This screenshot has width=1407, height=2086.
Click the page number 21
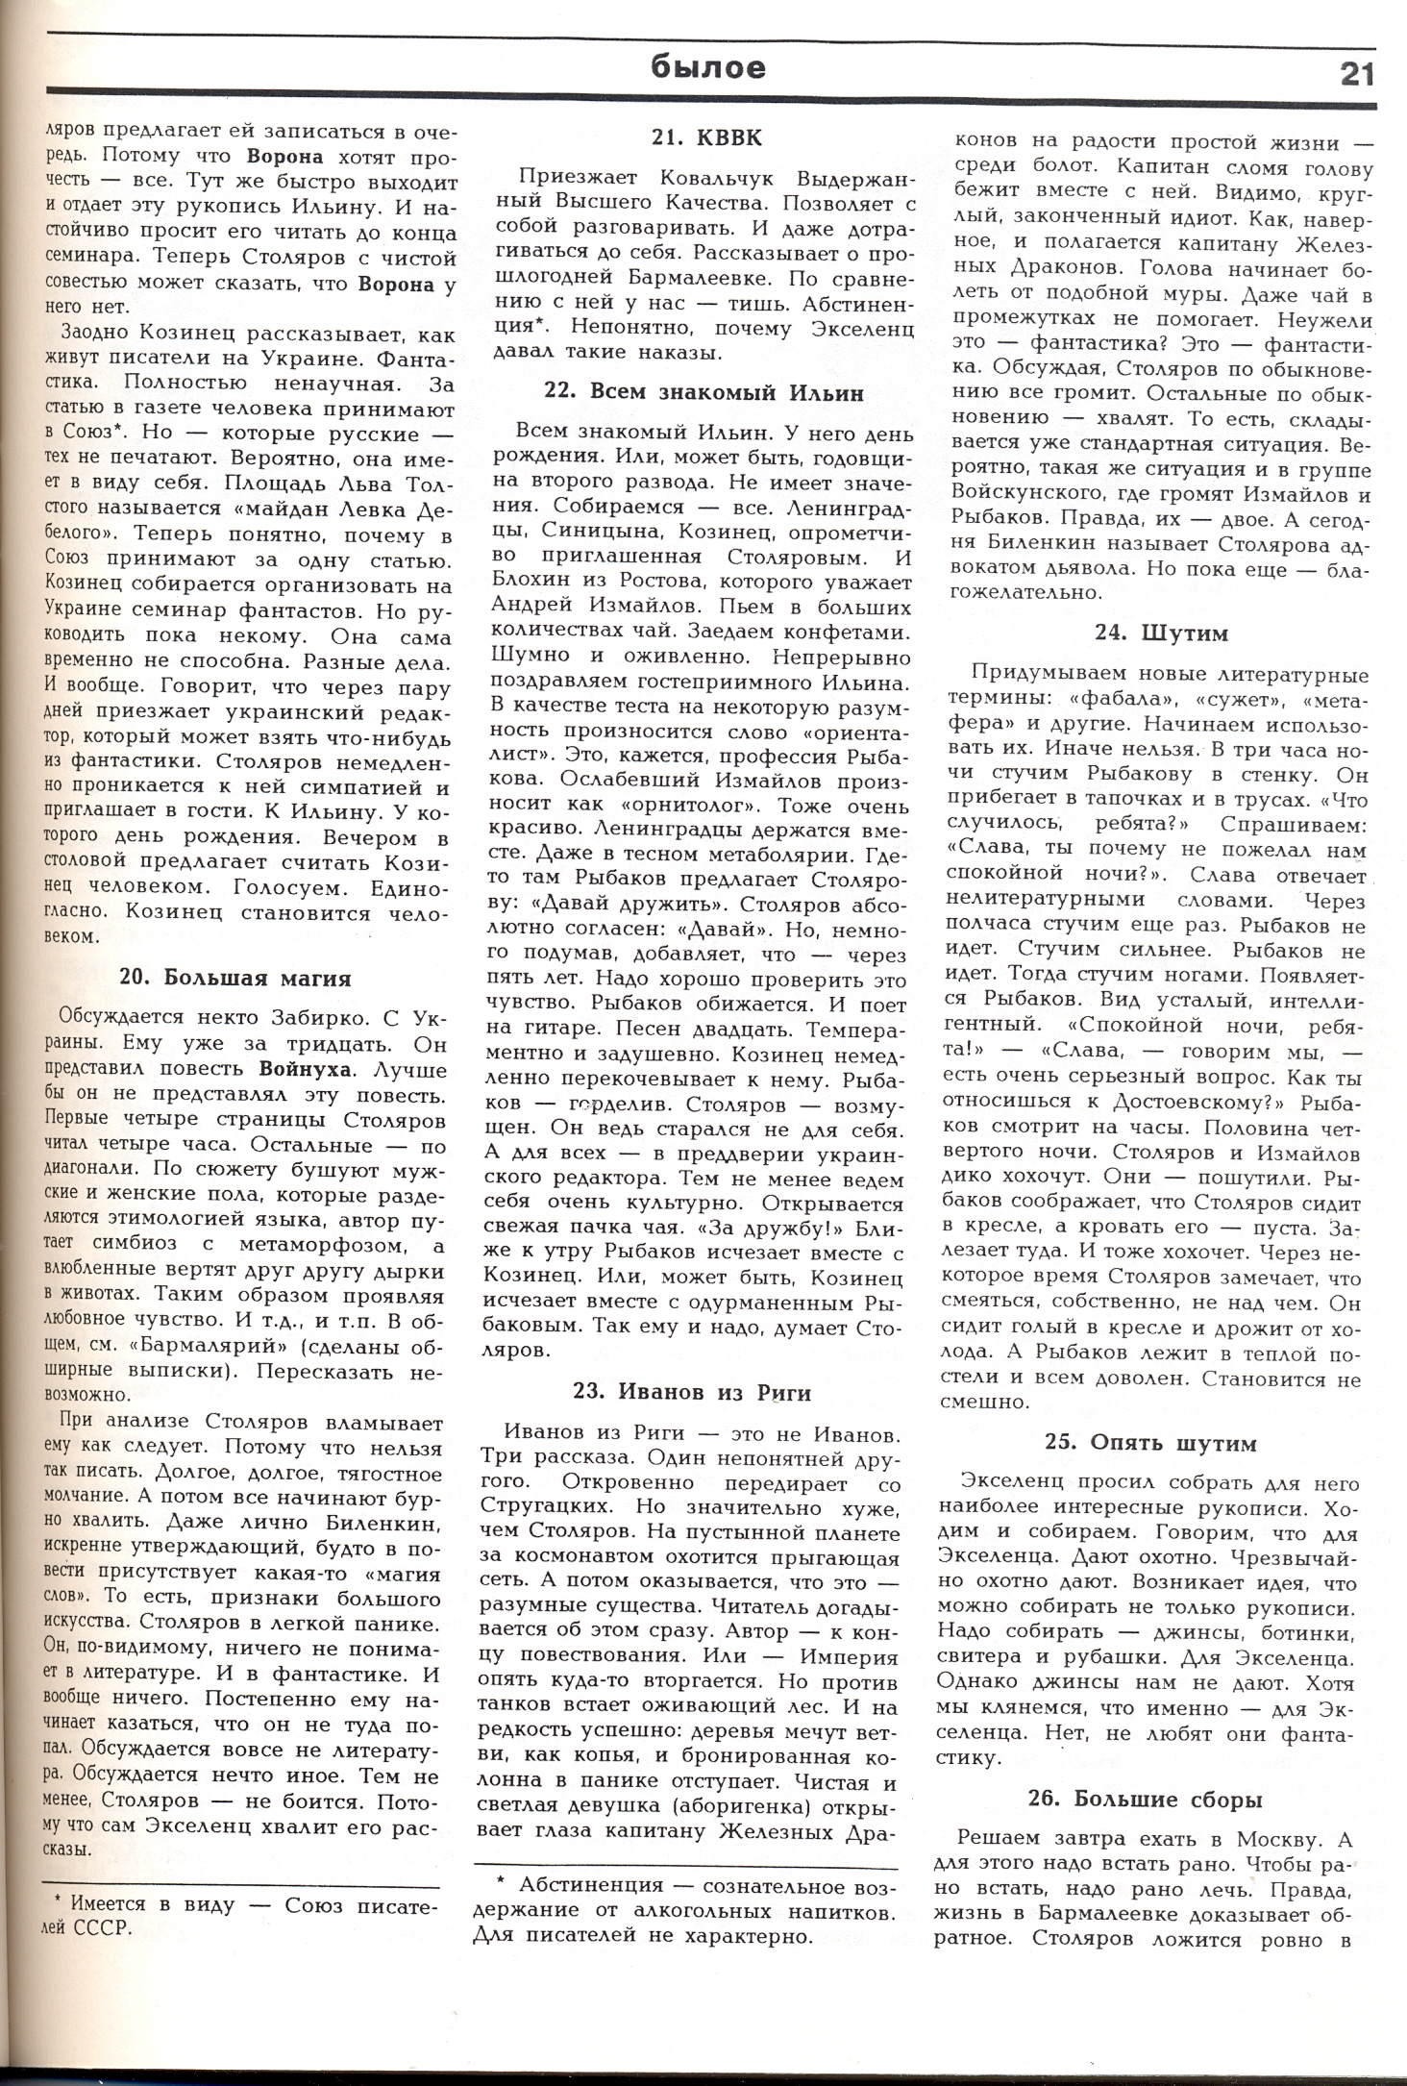1355,73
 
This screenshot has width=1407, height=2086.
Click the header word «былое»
708,66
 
